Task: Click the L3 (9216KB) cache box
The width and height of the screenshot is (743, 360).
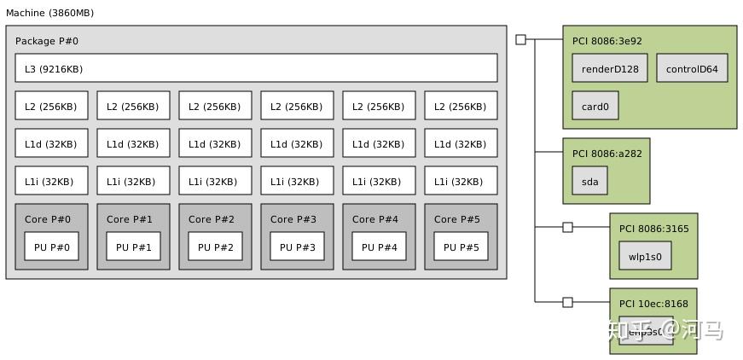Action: [x=256, y=68]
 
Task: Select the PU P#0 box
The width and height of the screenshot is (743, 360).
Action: [x=51, y=247]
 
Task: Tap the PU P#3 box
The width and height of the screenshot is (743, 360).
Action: [x=297, y=247]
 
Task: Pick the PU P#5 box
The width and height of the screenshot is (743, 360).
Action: [x=461, y=247]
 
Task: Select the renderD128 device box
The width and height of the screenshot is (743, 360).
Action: [x=610, y=69]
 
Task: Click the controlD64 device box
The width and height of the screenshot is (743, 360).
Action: [x=692, y=69]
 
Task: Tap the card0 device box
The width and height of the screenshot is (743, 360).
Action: [x=595, y=107]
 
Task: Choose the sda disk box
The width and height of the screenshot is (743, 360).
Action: [x=590, y=181]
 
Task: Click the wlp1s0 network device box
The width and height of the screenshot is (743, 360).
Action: [x=645, y=256]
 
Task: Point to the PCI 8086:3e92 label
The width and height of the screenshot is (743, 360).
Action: [x=607, y=40]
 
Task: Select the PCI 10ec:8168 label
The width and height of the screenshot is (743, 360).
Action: [x=653, y=304]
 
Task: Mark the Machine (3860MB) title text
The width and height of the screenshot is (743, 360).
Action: [x=49, y=13]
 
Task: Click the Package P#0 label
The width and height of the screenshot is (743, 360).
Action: [x=47, y=41]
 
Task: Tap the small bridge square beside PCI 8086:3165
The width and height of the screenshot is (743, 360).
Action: [x=568, y=227]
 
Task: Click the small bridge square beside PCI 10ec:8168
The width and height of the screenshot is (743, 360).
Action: [x=568, y=302]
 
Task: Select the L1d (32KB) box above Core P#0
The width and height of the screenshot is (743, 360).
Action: [x=51, y=143]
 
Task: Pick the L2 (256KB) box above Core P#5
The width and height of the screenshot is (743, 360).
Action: [x=461, y=107]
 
